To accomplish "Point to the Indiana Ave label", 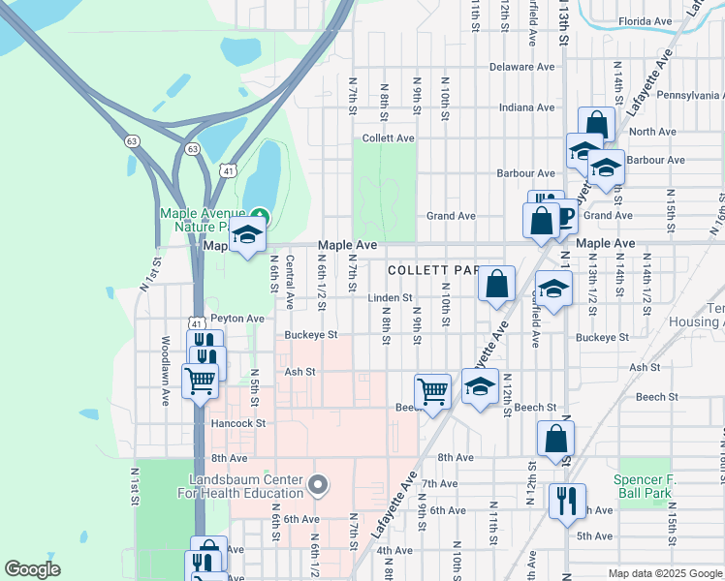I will pyautogui.click(x=527, y=107).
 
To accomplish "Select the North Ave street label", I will pyautogui.click(x=652, y=132).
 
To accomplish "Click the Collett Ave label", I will pyautogui.click(x=388, y=138).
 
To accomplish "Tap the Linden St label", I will pyautogui.click(x=390, y=298).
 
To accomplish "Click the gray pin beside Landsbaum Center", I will pyautogui.click(x=319, y=483).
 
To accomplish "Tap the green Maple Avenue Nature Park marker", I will pyautogui.click(x=259, y=215).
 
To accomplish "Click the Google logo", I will pyautogui.click(x=32, y=569).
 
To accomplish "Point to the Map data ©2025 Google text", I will pyautogui.click(x=664, y=573).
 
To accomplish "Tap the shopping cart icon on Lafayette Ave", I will pyautogui.click(x=432, y=391).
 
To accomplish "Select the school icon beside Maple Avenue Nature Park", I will pyautogui.click(x=247, y=234).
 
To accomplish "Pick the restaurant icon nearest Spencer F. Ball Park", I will pyautogui.click(x=567, y=501).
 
